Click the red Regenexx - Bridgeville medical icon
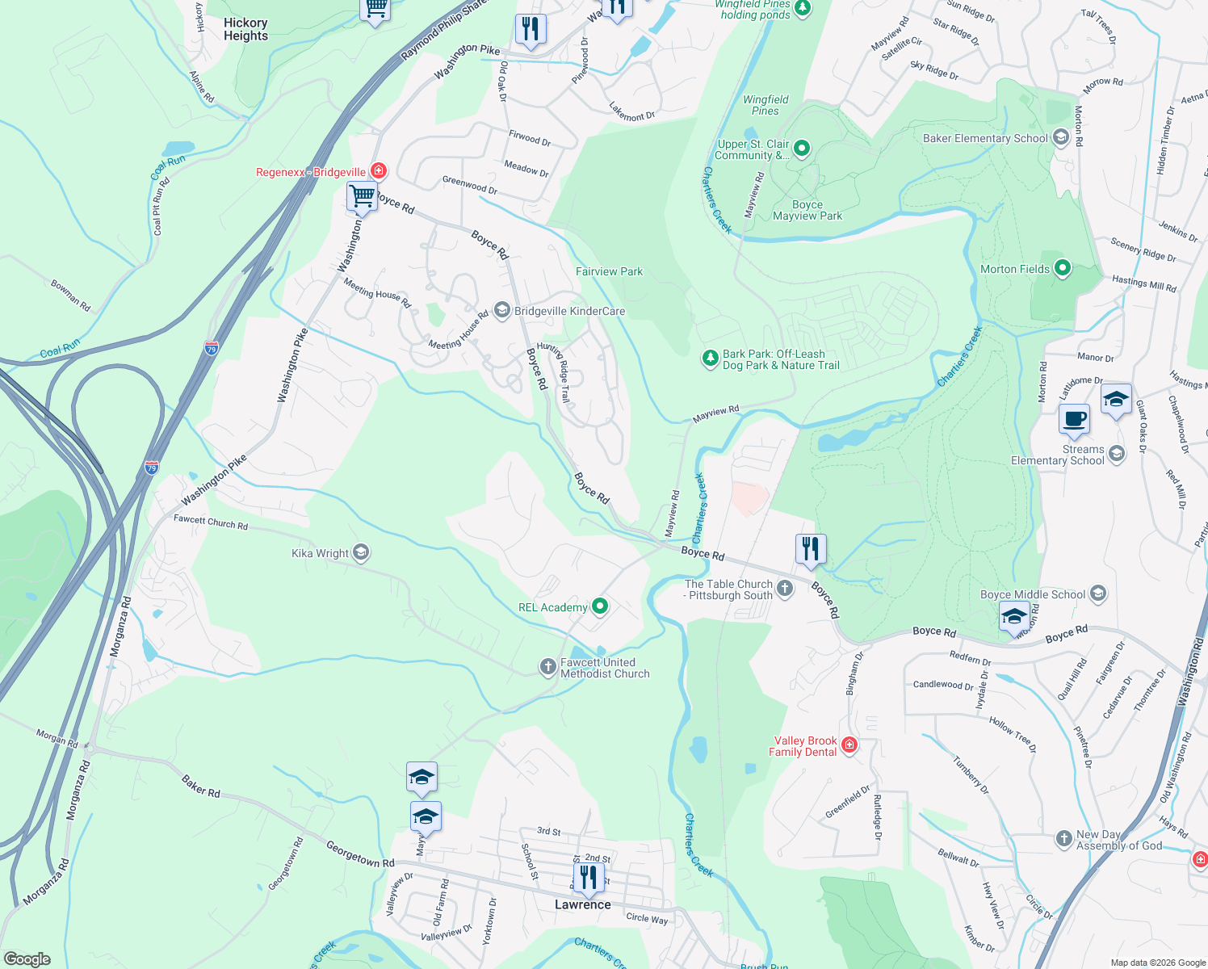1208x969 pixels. [378, 171]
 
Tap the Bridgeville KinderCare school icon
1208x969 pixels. [501, 311]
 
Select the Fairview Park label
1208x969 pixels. [609, 271]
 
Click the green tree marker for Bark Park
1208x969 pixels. [710, 359]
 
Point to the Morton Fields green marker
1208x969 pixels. [1063, 269]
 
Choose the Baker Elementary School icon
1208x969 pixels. [1061, 138]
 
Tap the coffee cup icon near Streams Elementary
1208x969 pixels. [1074, 419]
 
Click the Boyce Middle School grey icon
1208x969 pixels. [1097, 594]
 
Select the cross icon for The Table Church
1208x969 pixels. [785, 589]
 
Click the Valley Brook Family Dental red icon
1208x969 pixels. [849, 745]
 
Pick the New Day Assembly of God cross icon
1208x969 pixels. [1064, 840]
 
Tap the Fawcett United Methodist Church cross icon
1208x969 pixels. [547, 667]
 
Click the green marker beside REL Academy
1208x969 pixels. [599, 606]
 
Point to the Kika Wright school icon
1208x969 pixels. [361, 553]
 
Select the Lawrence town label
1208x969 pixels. [582, 904]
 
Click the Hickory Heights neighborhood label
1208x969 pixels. [245, 29]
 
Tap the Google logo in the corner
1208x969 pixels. [27, 959]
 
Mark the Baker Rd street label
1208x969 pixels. [201, 787]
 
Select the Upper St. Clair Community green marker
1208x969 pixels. [801, 148]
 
